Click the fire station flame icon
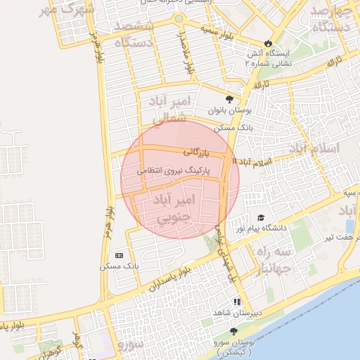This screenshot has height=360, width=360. (x=267, y=41)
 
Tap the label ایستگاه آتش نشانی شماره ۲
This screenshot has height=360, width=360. (x=267, y=58)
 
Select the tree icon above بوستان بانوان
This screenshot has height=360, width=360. (x=229, y=99)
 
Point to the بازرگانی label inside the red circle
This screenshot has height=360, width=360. (x=196, y=151)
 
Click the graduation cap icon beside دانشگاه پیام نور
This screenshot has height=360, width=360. (x=262, y=218)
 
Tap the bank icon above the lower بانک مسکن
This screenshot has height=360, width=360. (x=118, y=255)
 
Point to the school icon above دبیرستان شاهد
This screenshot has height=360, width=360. (x=237, y=302)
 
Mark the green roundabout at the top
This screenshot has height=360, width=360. (x=179, y=18)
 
